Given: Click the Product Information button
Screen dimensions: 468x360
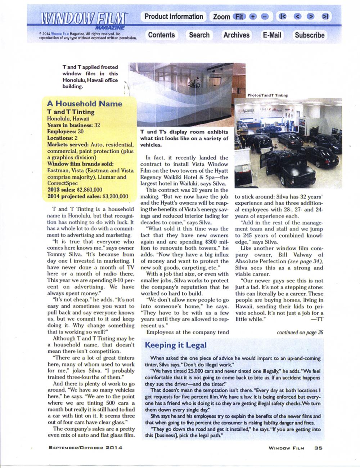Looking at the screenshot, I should click(174, 17).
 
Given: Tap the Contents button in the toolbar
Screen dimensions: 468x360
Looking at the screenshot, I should click(161, 35).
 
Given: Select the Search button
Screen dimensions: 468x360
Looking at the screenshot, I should click(199, 35).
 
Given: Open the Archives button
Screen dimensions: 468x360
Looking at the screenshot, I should click(236, 35).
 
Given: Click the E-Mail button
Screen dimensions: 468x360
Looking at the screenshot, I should click(272, 35).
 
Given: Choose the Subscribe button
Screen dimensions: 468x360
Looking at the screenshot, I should click(310, 35).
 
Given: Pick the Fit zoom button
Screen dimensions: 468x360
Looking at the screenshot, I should click(239, 17).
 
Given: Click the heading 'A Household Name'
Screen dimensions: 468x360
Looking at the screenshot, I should click(85, 104).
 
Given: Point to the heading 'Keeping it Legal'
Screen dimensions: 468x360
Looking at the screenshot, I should click(175, 345).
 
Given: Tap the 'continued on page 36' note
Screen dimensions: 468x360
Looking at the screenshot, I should click(300, 333).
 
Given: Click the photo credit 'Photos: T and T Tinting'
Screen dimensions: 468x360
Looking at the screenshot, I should click(267, 95).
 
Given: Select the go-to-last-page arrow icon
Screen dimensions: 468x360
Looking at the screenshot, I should click(325, 17).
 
